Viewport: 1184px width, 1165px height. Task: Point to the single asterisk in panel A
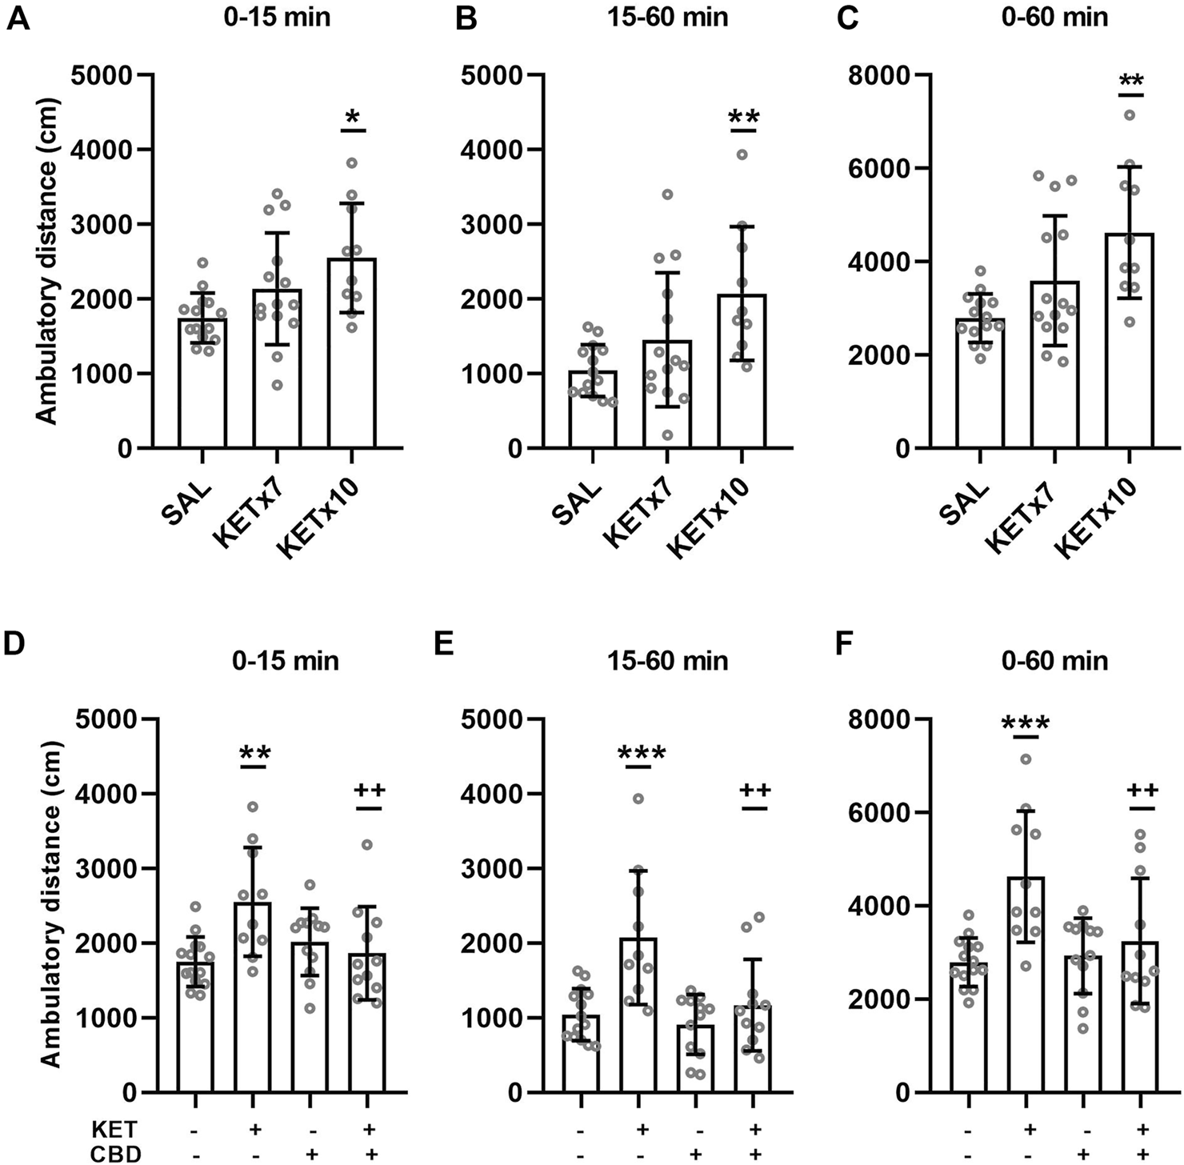[353, 118]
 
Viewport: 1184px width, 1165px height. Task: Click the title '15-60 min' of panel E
[667, 661]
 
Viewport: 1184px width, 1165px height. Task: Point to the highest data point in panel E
[638, 799]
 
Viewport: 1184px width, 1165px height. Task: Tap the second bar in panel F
[1026, 984]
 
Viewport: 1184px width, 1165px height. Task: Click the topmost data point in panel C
[1129, 115]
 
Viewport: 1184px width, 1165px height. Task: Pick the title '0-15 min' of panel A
[278, 18]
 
